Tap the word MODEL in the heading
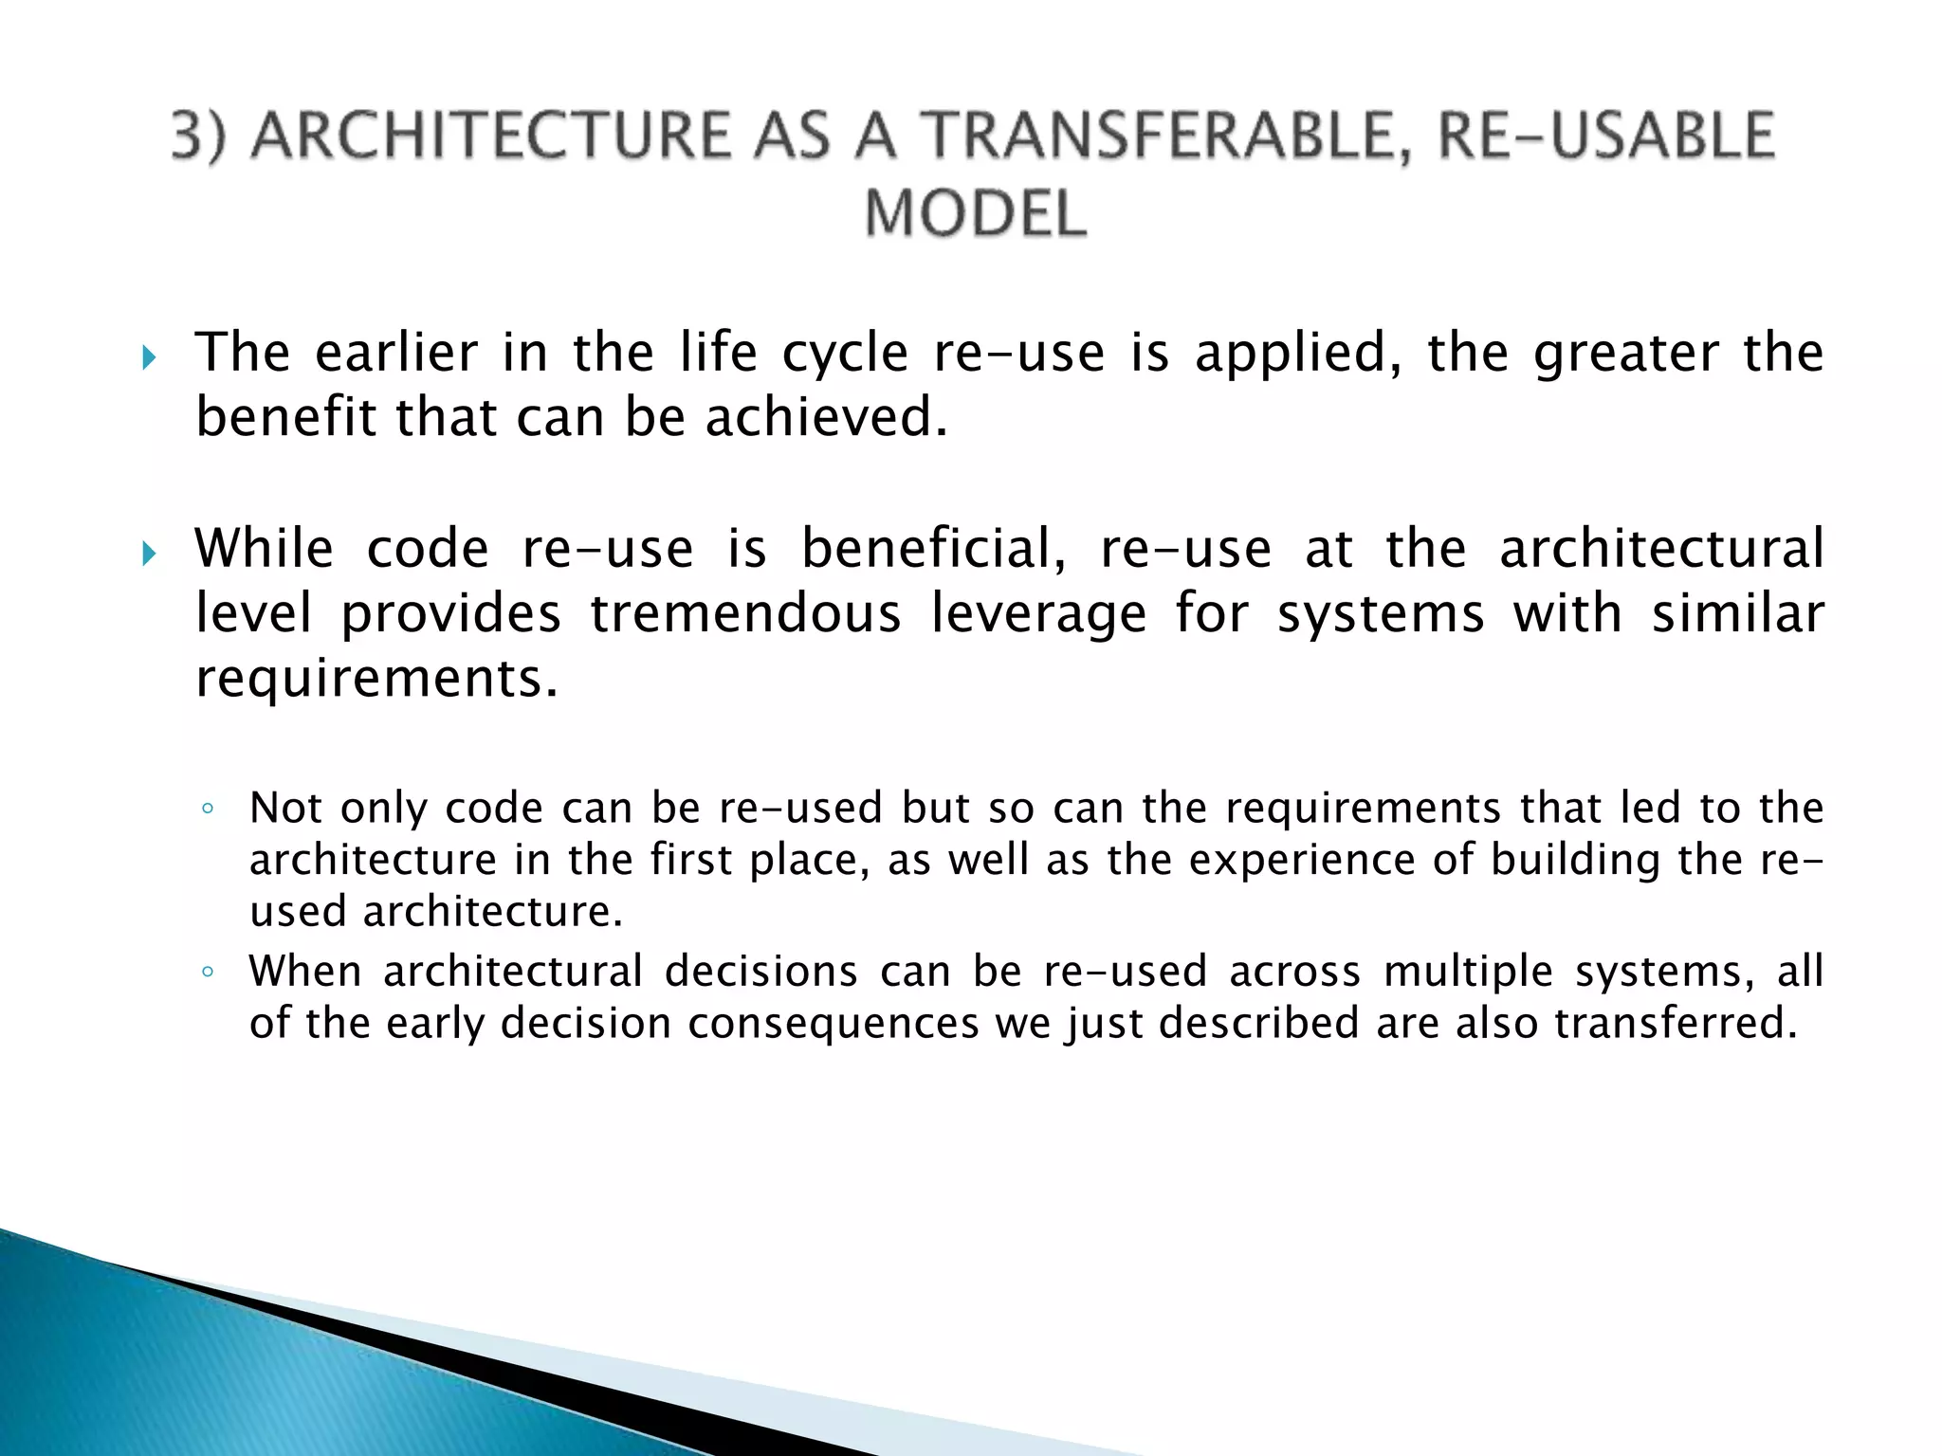pos(975,213)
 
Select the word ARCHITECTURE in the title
pos(492,136)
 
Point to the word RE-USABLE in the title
pos(1605,136)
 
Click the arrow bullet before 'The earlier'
pos(148,358)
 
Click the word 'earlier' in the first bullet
pos(396,353)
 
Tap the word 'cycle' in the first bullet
pos(845,353)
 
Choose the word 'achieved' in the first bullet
pos(825,417)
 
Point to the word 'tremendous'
pos(745,613)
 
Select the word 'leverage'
pos(1038,613)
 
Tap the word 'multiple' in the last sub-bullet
pos(1468,972)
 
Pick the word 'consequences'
pos(834,1024)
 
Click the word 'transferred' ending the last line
pos(1675,1024)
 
